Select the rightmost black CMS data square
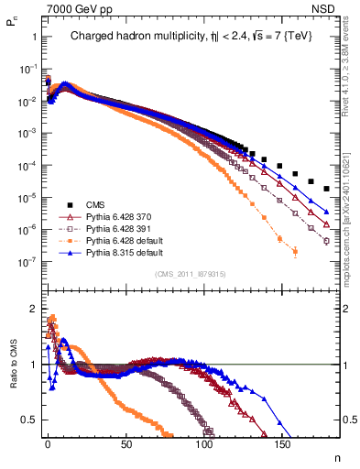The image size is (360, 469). (327, 189)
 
